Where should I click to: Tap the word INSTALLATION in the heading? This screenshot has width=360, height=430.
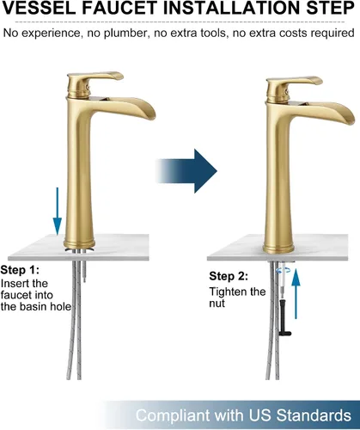(x=231, y=9)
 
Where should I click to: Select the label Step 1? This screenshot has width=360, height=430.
(x=20, y=270)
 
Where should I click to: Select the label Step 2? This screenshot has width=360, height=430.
(x=229, y=276)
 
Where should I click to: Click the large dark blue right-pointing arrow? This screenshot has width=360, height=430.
(x=186, y=171)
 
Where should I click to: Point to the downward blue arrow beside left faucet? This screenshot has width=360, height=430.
(x=58, y=212)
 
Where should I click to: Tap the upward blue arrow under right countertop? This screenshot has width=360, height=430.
(x=296, y=293)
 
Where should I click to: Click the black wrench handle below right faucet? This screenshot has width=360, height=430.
(x=283, y=317)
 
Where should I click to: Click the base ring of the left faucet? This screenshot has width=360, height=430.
(x=80, y=243)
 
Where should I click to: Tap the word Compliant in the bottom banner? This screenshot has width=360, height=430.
(x=173, y=415)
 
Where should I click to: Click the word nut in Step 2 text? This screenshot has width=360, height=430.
(x=217, y=304)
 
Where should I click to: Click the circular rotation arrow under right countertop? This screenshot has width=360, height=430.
(x=283, y=270)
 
